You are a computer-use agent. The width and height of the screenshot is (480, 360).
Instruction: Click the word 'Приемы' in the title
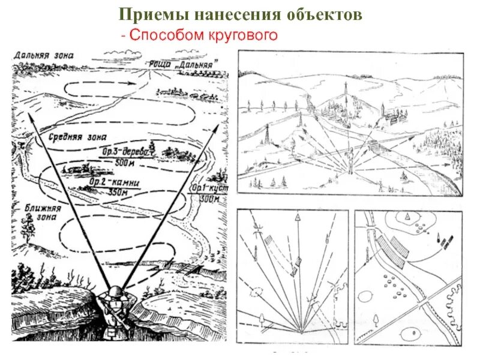147,15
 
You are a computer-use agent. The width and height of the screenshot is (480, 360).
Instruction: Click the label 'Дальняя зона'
44,55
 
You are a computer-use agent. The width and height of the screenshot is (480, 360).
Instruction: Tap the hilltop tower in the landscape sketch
345,90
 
